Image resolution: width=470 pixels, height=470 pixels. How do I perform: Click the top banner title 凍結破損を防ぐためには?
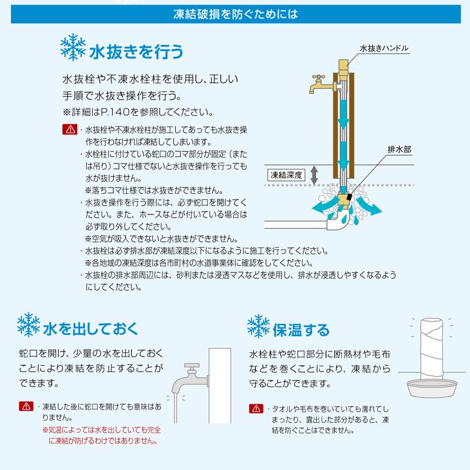coord(235,12)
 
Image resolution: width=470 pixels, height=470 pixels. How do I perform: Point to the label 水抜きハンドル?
coord(383,48)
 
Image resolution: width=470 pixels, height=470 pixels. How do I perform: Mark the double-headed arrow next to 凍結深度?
coord(314,174)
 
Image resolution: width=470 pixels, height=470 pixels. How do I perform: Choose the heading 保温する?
coord(299,329)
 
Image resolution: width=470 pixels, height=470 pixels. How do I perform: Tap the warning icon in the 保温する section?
coord(256,409)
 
